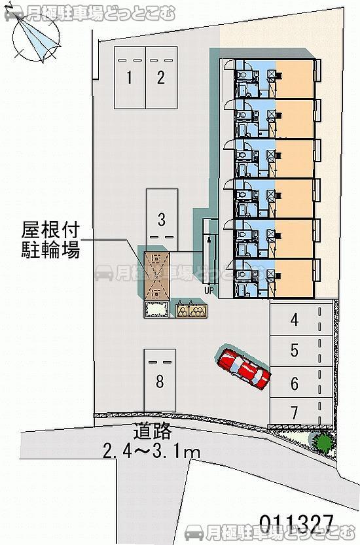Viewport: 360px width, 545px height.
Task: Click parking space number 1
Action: coord(130,78)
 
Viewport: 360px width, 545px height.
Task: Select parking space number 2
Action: coord(160,78)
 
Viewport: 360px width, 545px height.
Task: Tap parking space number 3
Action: coord(160,218)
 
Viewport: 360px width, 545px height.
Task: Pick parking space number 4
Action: coord(295,320)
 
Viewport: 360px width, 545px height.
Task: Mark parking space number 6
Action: coord(295,383)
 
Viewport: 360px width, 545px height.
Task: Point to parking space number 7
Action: coord(295,412)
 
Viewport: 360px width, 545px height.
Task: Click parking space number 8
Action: coord(160,381)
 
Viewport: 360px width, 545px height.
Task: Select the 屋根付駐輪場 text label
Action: coord(50,239)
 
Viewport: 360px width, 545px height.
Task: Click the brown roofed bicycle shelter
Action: coord(157,275)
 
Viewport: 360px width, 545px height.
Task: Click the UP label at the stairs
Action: coord(209,289)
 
